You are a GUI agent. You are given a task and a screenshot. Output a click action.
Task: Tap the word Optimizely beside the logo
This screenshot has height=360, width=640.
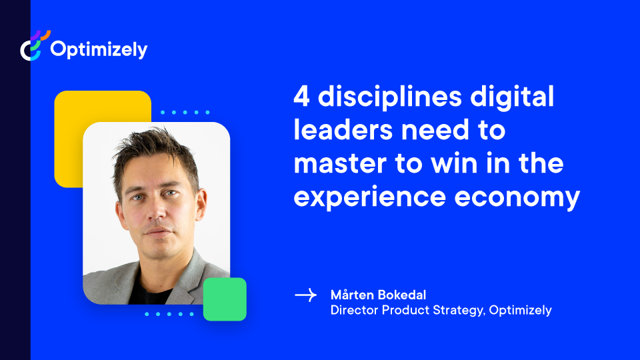99,50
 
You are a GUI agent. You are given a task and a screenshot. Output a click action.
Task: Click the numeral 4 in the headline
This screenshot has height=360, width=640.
301,97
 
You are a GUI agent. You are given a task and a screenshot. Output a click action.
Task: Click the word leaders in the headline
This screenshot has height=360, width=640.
343,130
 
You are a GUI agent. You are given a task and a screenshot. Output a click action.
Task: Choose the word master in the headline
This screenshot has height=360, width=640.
340,164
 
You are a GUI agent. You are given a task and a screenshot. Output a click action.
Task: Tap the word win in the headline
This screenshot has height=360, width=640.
454,163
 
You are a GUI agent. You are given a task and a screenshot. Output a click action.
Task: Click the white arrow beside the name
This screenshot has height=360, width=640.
306,295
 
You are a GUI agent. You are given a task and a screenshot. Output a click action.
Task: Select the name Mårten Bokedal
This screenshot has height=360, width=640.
379,295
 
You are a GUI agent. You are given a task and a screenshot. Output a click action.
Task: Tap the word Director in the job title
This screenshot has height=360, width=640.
354,310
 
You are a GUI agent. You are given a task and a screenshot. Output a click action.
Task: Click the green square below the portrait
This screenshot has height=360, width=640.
225,299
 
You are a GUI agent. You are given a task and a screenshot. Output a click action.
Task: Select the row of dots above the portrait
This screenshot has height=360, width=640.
185,112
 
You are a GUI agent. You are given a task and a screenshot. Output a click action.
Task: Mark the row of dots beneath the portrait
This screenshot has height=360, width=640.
169,314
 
